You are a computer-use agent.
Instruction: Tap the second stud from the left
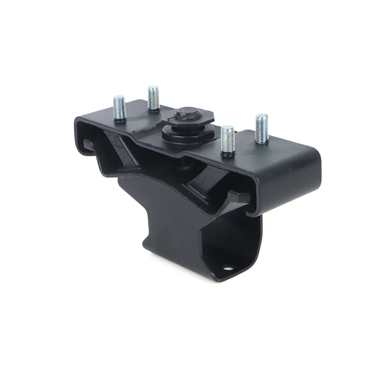[x=153, y=97]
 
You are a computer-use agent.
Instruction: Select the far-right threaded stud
[x=262, y=127]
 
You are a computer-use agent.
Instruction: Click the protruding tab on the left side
[x=87, y=144]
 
